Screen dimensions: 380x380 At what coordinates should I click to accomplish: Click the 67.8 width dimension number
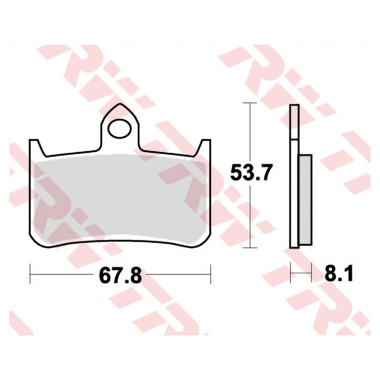point(120,275)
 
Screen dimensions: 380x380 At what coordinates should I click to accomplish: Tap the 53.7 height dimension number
point(249,172)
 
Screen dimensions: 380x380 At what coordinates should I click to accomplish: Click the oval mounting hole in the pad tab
point(120,129)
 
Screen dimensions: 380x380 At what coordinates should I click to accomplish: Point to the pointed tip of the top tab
point(120,104)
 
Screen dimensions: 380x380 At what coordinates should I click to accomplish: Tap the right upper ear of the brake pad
point(204,147)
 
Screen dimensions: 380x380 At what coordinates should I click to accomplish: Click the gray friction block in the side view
point(305,199)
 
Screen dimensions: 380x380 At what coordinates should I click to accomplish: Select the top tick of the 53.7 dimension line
point(250,103)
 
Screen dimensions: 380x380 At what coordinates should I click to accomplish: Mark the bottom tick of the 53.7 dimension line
point(250,247)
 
